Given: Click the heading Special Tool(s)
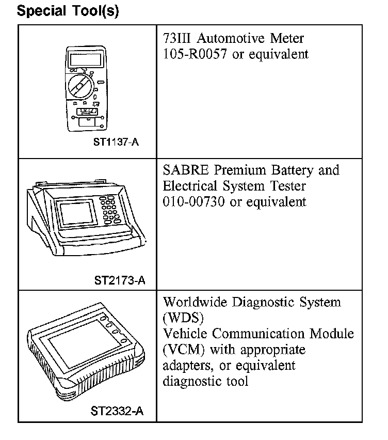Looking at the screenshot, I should (68, 11).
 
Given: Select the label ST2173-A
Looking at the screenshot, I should (120, 281).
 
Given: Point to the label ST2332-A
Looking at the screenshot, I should (117, 411).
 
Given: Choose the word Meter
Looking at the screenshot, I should (285, 39).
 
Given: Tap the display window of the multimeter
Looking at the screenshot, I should (84, 59).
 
